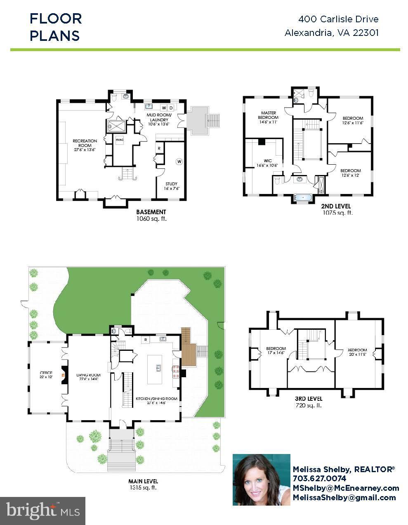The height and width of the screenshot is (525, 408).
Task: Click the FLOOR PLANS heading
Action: tap(56, 27)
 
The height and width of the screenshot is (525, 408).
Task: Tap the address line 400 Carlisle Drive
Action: tap(338, 19)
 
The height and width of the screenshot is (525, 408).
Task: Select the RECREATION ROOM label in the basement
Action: tap(85, 145)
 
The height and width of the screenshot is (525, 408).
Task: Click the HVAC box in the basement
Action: tap(120, 140)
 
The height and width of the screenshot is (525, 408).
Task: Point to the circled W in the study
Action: tap(179, 161)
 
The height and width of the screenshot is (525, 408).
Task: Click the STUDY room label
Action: tap(171, 186)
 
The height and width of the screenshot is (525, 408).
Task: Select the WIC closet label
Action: tap(268, 163)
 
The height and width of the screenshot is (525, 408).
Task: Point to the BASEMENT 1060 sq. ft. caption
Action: tap(151, 215)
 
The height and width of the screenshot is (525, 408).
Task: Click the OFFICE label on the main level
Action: tap(46, 375)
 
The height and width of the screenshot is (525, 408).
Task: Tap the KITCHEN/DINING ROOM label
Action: tap(156, 401)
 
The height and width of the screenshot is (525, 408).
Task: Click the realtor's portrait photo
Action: tap(261, 479)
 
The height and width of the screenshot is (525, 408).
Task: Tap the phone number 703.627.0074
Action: tap(319, 478)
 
